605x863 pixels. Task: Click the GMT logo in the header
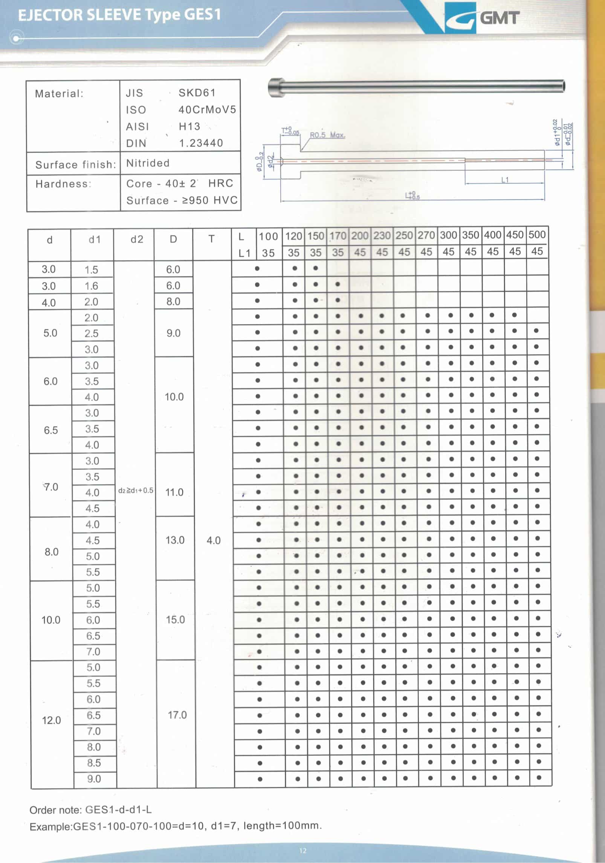coord(482,18)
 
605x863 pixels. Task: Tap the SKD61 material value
coord(197,93)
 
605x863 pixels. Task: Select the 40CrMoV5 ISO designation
coord(207,110)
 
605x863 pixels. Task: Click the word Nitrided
coord(148,163)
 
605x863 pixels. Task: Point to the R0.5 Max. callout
coord(327,135)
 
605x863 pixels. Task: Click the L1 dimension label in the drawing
coord(505,180)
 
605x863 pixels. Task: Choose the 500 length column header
coord(537,235)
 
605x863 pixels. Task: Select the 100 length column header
coord(268,237)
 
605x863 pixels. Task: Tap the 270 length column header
coord(426,235)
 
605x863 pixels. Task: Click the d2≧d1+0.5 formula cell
coord(136,490)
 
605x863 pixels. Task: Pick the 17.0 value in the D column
coord(177,715)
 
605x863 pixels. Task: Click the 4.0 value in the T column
coord(213,540)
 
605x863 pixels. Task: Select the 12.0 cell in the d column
coord(52,720)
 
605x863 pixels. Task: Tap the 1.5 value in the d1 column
coord(91,270)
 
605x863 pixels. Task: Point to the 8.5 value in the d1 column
coord(94,763)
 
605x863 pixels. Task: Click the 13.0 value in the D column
coord(175,540)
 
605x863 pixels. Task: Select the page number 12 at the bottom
coord(303,850)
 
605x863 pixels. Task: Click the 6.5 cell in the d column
coord(51,430)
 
